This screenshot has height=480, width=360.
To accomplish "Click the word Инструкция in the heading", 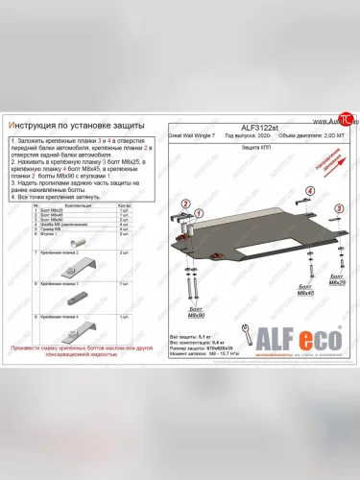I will (33, 124).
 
